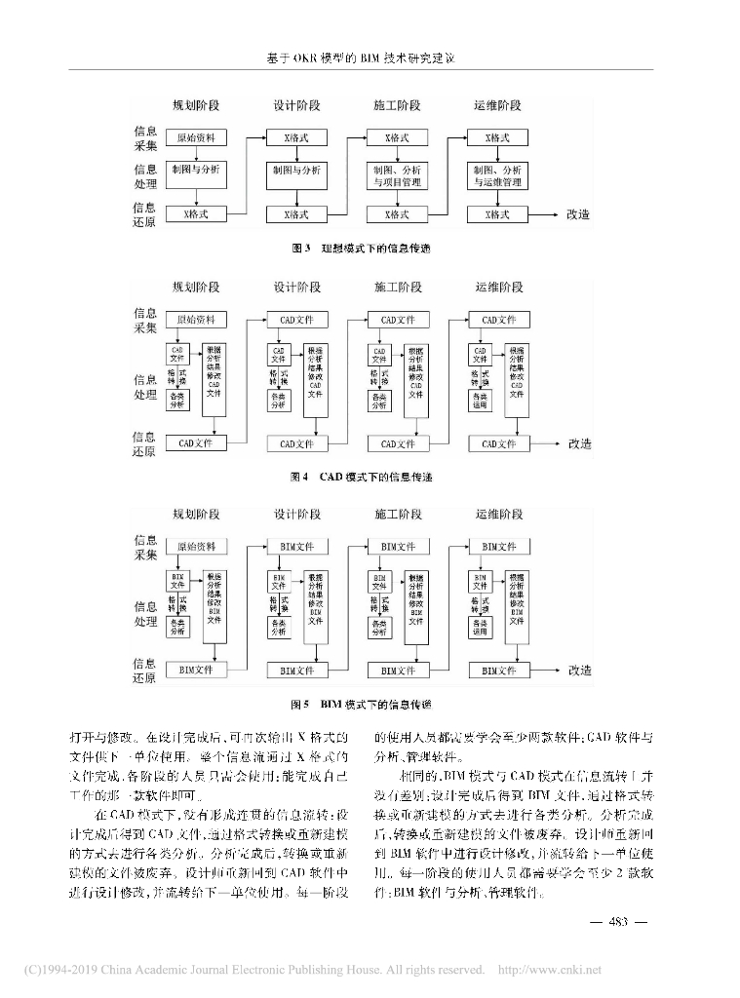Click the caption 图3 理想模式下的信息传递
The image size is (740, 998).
pos(361,249)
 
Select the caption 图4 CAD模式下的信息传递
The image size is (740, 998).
pos(361,478)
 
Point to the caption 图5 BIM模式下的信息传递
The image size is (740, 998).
pos(361,703)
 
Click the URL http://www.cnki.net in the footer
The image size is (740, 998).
pos(550,970)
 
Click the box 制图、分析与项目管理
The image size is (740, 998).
pos(398,175)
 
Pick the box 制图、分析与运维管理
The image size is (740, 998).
pos(498,175)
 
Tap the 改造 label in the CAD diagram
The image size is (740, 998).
pos(579,443)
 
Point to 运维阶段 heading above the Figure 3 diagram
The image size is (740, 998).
pos(498,105)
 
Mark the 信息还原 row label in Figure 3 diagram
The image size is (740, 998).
pos(144,213)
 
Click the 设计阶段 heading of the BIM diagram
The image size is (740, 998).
pos(297,514)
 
